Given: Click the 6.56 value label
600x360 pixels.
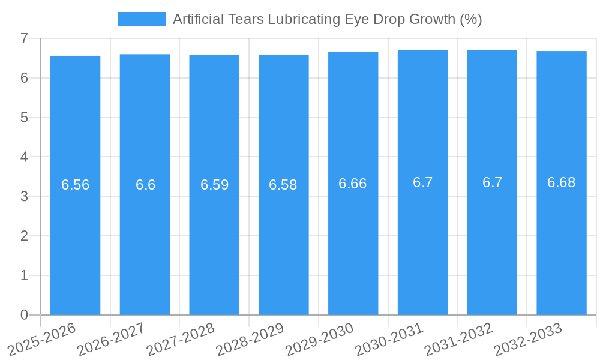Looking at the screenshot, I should (x=76, y=185).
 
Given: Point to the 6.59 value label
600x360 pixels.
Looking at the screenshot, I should (x=214, y=185).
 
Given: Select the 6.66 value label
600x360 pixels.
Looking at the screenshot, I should (x=353, y=184).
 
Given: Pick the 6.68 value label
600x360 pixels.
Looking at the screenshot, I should (x=562, y=182).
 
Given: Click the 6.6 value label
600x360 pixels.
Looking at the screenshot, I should (x=145, y=185).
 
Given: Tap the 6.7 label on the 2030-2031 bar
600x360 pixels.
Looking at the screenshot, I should (x=422, y=182).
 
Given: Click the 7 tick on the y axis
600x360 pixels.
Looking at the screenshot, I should (x=24, y=38).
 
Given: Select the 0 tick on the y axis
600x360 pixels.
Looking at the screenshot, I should (x=24, y=315).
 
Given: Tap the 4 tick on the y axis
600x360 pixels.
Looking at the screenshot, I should (x=24, y=157).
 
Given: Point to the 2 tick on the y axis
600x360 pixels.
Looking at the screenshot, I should (x=24, y=236).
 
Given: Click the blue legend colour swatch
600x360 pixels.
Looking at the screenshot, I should (x=142, y=19).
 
